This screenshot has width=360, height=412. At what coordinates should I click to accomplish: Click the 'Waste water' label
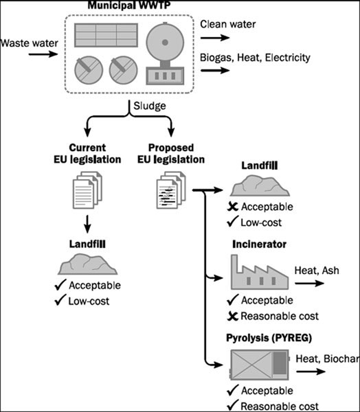(29, 43)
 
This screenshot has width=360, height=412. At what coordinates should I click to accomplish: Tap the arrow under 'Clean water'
(215, 38)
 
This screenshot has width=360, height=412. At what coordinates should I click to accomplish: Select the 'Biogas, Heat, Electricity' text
(255, 58)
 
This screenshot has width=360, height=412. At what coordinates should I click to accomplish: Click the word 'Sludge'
(150, 106)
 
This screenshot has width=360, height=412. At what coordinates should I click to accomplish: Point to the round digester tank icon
(165, 42)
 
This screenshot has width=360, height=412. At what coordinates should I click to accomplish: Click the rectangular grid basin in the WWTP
(106, 35)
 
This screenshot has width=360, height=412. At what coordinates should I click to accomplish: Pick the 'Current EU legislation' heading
(87, 153)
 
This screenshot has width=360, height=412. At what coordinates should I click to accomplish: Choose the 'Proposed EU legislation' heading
(171, 153)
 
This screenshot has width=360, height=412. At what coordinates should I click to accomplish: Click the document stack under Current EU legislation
(87, 190)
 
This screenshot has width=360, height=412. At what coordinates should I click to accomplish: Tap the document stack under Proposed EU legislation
(171, 190)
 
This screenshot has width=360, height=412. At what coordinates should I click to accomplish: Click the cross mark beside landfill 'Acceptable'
(233, 207)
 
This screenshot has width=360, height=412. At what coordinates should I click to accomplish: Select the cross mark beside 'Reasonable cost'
(233, 316)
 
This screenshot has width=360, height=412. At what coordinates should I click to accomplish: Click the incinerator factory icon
(260, 272)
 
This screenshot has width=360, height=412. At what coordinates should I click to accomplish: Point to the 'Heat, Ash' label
(317, 271)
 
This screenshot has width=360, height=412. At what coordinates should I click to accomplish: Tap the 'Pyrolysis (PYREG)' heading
(269, 338)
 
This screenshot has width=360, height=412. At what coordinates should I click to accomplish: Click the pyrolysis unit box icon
(260, 365)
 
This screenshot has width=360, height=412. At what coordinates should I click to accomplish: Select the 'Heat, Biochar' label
(328, 358)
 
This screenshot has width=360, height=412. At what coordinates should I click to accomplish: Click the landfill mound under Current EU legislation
(87, 264)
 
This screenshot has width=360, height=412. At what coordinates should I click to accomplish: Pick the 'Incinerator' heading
(259, 244)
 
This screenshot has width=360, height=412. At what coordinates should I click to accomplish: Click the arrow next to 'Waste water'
(43, 54)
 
